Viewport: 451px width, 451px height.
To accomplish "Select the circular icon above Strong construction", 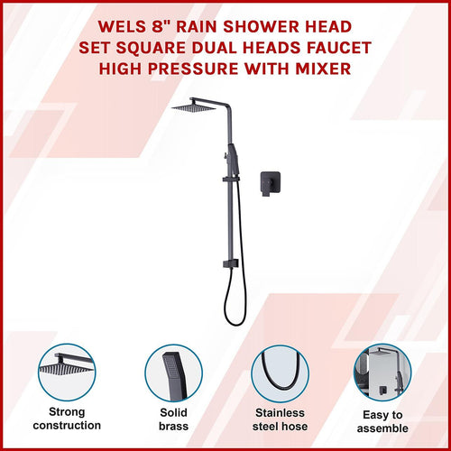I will pos(67,372).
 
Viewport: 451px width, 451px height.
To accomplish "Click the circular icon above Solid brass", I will pos(172,372).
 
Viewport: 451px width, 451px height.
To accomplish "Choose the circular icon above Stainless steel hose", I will pos(280,372).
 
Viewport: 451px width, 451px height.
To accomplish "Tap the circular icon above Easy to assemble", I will pos(382,372).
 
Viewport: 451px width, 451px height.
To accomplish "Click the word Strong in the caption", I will pos(67,411).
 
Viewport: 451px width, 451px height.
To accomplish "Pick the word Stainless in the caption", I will pos(280,411).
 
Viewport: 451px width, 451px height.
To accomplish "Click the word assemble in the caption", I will pos(382,428).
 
